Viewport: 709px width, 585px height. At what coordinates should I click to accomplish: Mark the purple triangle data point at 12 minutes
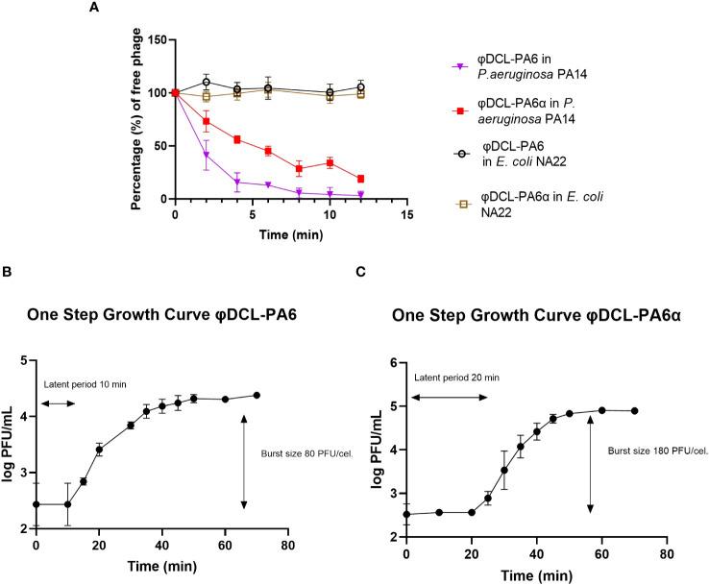(x=360, y=195)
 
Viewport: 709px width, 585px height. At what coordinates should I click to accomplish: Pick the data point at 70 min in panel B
(x=257, y=395)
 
